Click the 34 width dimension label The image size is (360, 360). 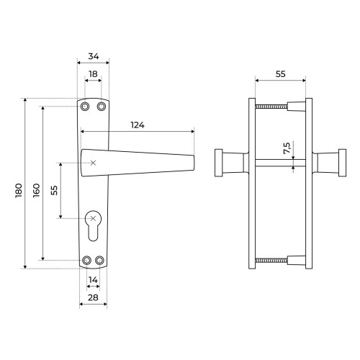94,56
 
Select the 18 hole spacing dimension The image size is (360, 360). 93,74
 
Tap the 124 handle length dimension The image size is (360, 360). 138,125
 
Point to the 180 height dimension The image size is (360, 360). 19,190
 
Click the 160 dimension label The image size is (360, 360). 37,190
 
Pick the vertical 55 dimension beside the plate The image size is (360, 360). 55,190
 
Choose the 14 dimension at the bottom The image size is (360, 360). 93,280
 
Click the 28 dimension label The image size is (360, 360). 93,297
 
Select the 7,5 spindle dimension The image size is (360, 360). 287,148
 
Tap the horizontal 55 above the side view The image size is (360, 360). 280,74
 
